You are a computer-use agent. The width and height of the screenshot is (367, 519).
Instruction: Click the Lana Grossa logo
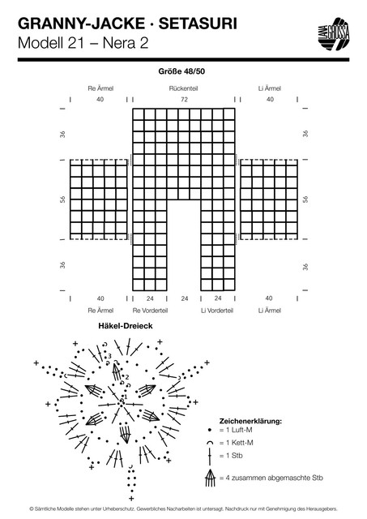(x=334, y=34)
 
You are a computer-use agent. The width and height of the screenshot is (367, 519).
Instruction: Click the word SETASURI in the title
(x=198, y=24)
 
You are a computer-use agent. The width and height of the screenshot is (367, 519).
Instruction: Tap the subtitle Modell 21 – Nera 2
(x=83, y=43)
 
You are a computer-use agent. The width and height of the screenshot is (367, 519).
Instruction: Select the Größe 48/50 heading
(x=181, y=71)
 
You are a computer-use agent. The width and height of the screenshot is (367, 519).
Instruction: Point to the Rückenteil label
(x=183, y=88)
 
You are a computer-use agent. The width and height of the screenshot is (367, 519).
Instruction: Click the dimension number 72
(x=184, y=99)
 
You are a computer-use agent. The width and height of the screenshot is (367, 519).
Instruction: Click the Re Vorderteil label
(x=150, y=311)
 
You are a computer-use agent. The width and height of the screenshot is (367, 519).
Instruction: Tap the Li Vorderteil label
(x=217, y=311)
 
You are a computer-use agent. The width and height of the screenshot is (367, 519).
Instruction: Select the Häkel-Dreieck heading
(x=126, y=326)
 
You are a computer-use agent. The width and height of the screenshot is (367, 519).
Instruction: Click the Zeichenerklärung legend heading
(x=250, y=422)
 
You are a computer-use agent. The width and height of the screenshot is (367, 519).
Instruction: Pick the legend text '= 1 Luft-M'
(x=236, y=430)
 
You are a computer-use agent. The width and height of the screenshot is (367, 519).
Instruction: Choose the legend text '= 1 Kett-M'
(x=236, y=443)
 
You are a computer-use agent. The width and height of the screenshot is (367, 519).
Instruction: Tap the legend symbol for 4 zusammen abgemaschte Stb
(x=210, y=478)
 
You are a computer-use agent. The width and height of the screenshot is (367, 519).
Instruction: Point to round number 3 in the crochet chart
(x=109, y=356)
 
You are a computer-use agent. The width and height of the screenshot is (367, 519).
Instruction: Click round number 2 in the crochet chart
(x=127, y=377)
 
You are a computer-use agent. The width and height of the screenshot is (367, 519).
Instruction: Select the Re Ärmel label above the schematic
(x=100, y=88)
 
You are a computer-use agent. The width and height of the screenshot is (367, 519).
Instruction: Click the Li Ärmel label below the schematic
(x=270, y=311)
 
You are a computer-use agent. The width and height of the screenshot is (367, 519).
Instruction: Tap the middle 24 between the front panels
(x=185, y=298)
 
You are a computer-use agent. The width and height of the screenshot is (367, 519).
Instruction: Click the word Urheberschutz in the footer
(x=119, y=508)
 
